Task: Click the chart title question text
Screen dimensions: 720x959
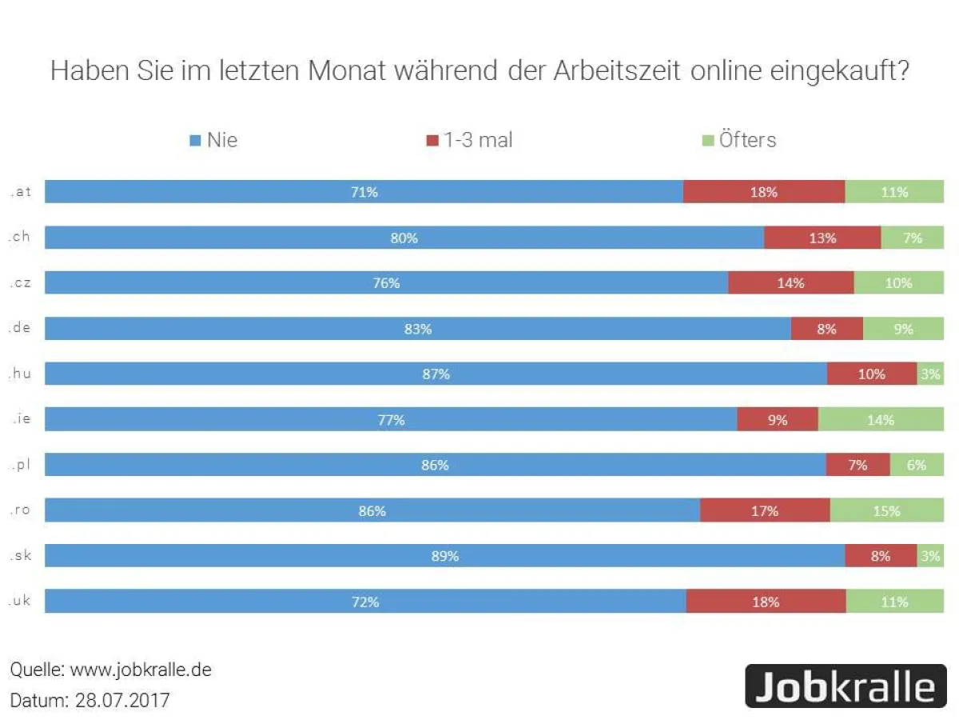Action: point(479,70)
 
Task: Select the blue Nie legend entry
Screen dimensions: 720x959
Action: point(213,140)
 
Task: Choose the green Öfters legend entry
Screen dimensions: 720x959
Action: point(738,140)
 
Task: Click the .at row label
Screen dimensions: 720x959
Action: point(21,192)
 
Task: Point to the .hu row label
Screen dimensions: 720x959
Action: point(21,374)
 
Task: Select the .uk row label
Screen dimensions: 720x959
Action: point(21,601)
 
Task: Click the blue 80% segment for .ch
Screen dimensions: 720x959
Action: point(404,238)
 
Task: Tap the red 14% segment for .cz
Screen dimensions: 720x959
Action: point(791,283)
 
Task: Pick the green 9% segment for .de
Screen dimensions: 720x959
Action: point(903,329)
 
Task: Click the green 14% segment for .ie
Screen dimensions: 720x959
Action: point(881,419)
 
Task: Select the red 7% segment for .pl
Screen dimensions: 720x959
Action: point(858,465)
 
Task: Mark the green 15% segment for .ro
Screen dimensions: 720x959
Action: point(886,510)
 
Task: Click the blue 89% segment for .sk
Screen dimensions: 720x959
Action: point(444,556)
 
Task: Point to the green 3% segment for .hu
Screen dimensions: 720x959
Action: point(929,374)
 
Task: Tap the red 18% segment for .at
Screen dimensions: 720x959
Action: point(764,192)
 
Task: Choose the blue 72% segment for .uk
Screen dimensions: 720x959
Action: point(365,602)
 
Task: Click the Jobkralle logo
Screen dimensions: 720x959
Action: point(845,686)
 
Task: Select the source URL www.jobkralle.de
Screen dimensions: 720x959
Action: point(141,670)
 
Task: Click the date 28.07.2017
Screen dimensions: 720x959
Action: point(122,700)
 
